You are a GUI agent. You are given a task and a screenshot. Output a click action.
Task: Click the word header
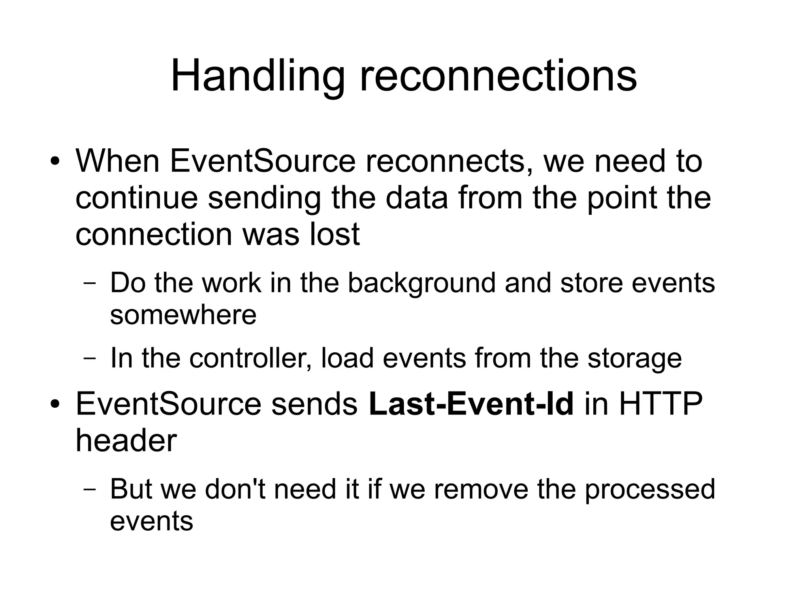(x=126, y=441)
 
